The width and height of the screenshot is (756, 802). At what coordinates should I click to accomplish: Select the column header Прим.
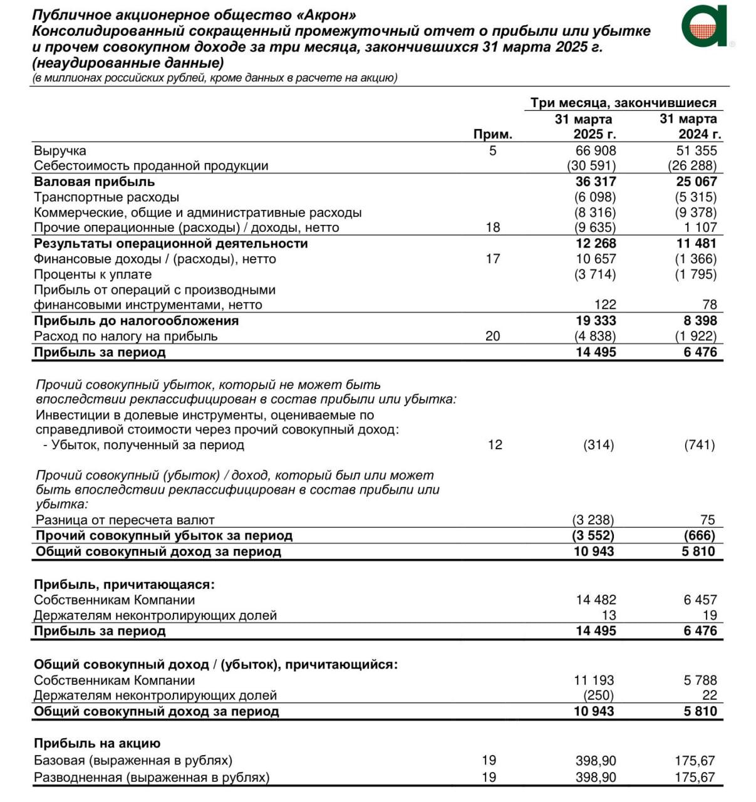tap(492, 134)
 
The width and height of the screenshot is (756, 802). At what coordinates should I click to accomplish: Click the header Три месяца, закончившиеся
tap(623, 103)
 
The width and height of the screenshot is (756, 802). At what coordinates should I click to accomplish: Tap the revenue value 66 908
tap(596, 150)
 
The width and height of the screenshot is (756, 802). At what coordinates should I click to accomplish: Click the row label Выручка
tap(60, 150)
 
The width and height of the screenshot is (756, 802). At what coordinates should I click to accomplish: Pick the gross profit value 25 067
tap(696, 182)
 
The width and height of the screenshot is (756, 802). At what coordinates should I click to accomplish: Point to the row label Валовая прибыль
tap(94, 182)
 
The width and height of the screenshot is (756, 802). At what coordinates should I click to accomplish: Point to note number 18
tap(493, 227)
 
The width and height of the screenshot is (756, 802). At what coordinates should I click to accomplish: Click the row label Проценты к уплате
tap(93, 274)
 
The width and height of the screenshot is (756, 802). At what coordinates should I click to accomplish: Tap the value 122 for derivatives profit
tap(605, 305)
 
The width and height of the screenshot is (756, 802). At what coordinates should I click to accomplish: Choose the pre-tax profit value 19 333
tap(596, 321)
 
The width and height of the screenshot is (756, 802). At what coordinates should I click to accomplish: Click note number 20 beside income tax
tap(493, 336)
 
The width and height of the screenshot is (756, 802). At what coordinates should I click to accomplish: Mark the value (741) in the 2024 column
tap(700, 445)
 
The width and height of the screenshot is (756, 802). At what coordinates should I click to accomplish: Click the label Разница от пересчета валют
tap(125, 520)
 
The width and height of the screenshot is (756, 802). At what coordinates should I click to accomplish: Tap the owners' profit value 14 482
tap(596, 600)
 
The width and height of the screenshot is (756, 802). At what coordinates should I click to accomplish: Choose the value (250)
tap(598, 695)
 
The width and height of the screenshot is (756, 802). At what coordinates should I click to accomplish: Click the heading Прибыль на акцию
tap(97, 744)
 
